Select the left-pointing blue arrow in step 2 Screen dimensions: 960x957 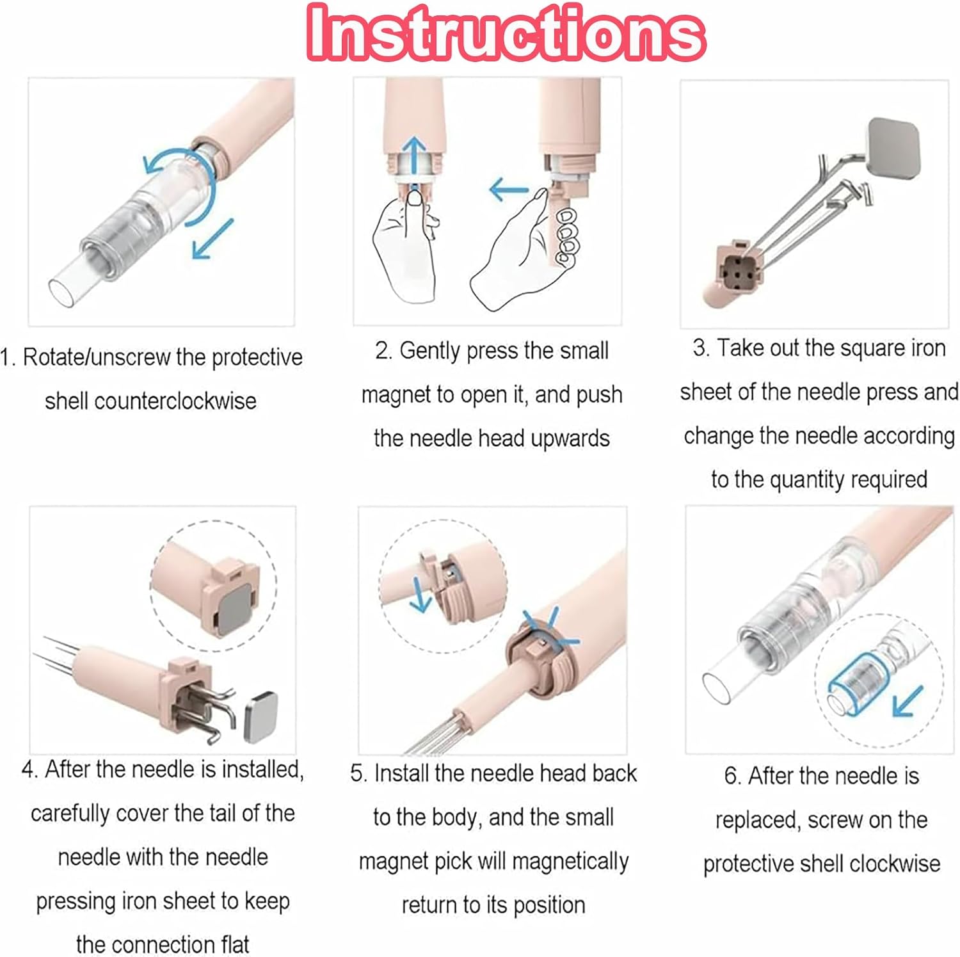point(509,189)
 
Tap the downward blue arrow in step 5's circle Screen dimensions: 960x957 point(420,595)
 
